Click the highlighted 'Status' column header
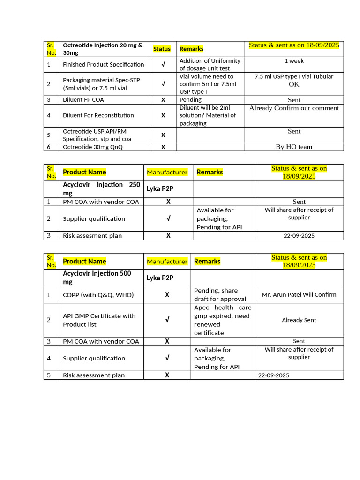(162, 49)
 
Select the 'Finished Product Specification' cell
(103, 64)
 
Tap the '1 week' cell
(294, 61)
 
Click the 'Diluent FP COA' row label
(83, 100)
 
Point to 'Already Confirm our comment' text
(294, 108)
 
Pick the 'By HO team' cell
(294, 147)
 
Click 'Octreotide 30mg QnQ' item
(93, 147)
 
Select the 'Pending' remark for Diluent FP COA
(190, 100)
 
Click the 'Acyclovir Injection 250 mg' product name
(101, 188)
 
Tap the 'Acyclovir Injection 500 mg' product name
(97, 277)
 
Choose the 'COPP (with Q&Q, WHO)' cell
(98, 295)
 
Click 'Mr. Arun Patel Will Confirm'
(299, 295)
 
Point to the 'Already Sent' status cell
(299, 320)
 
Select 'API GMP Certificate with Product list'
(99, 320)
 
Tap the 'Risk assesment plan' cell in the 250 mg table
(92, 236)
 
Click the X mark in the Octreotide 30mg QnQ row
(163, 147)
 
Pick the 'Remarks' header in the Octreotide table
(191, 49)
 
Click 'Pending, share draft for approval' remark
(220, 295)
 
